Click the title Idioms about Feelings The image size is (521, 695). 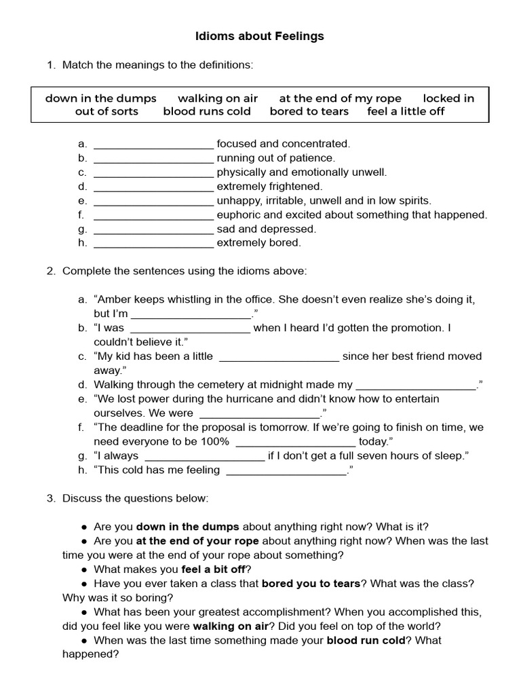(x=260, y=36)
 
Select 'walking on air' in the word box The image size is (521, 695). (x=217, y=98)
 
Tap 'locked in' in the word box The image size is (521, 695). (x=448, y=98)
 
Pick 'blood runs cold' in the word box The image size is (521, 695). (x=207, y=111)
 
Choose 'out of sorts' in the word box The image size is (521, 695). (x=107, y=111)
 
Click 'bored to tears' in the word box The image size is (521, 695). (x=309, y=111)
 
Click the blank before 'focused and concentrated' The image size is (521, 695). (x=153, y=144)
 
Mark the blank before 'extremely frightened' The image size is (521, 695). (x=153, y=187)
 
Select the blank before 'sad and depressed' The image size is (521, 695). (x=153, y=229)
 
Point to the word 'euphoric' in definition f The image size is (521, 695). (x=238, y=215)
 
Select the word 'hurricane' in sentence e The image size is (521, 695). (x=253, y=399)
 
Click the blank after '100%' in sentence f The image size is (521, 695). (x=295, y=442)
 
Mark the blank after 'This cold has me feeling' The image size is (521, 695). (x=285, y=470)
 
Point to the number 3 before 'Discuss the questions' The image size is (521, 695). (x=50, y=499)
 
